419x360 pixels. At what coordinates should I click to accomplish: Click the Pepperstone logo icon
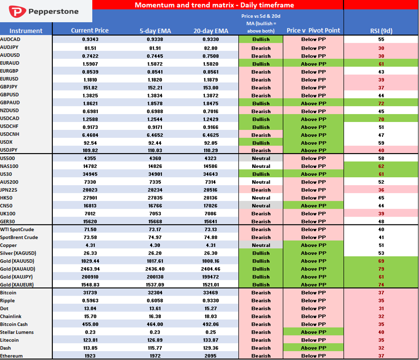(17, 12)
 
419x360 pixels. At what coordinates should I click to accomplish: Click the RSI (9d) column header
(381, 31)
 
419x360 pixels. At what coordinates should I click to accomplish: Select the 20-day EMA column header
(211, 31)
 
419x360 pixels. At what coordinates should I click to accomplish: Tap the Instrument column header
(26, 31)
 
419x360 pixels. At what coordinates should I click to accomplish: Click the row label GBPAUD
(10, 103)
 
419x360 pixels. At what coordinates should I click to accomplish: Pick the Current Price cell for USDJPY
(90, 150)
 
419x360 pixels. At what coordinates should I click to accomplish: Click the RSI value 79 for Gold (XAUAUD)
(381, 269)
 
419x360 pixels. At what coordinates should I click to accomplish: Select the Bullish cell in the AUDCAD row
(261, 39)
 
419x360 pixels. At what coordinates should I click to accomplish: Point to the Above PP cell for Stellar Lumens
(313, 332)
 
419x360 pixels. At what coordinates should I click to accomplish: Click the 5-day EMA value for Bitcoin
(155, 293)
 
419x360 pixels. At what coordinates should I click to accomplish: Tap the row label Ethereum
(11, 356)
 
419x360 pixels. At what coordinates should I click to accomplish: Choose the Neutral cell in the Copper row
(261, 245)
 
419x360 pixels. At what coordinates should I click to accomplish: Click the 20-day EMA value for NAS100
(210, 166)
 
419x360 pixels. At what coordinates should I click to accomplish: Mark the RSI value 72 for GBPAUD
(381, 103)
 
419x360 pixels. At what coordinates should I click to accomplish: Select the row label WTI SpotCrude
(17, 230)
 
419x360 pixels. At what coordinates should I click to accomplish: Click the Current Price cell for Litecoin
(90, 340)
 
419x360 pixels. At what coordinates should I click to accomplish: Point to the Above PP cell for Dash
(313, 347)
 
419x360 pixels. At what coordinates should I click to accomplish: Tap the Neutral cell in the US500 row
(261, 158)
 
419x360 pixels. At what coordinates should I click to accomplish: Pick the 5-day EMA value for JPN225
(155, 190)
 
